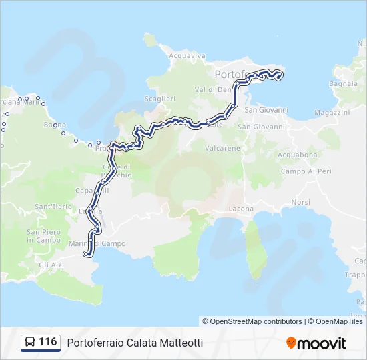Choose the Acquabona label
[300, 155]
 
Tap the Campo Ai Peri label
[306, 171]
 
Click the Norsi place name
[300, 202]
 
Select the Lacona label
[241, 209]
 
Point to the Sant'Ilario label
[53, 207]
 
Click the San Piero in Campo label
[43, 236]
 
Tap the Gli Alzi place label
[51, 265]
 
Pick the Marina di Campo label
[97, 243]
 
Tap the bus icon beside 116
[29, 343]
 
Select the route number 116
[48, 342]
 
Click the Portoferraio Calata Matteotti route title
[135, 343]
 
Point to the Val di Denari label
[214, 89]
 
